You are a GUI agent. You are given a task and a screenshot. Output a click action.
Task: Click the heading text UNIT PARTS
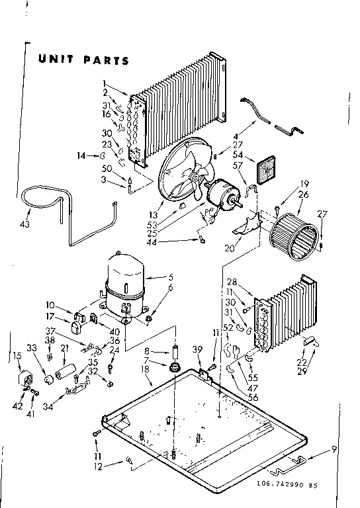point(82,60)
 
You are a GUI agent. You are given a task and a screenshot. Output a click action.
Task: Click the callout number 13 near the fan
point(154,214)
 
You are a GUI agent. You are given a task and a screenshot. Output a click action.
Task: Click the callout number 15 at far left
point(17,357)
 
